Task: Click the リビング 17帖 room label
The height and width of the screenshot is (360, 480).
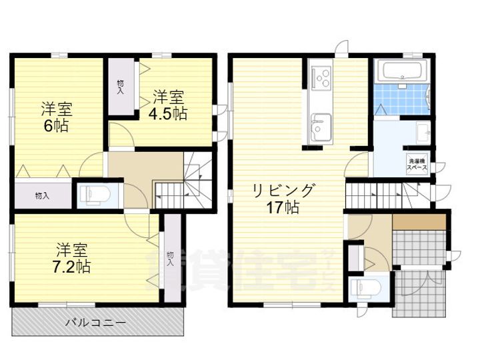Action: (x=283, y=198)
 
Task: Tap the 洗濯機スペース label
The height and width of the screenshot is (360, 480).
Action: (x=417, y=165)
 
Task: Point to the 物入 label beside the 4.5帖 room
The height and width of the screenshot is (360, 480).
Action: (x=120, y=87)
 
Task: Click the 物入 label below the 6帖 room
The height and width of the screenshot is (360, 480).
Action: (x=41, y=195)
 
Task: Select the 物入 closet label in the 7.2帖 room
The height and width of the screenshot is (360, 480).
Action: (x=171, y=257)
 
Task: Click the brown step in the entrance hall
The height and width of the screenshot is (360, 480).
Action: (x=419, y=221)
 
